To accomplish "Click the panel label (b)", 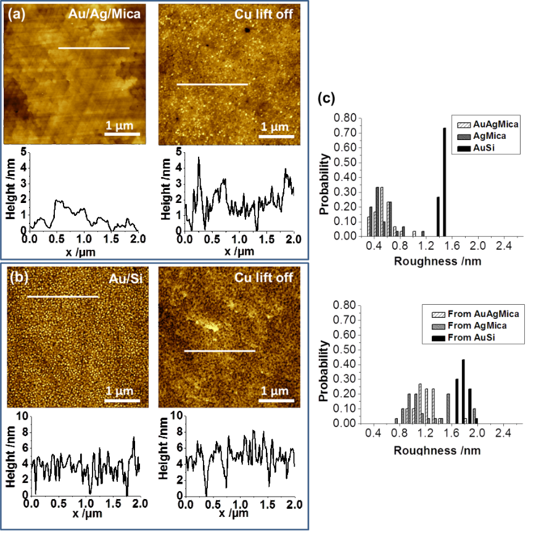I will (16, 278).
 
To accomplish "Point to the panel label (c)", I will (327, 98).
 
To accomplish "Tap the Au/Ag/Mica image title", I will (104, 14).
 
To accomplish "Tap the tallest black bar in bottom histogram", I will (463, 391).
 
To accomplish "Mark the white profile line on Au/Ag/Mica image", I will (94, 48).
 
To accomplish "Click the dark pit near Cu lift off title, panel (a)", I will (247, 29).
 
